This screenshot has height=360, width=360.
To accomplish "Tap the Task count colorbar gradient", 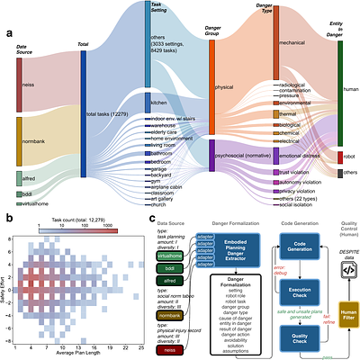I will point(82,229).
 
